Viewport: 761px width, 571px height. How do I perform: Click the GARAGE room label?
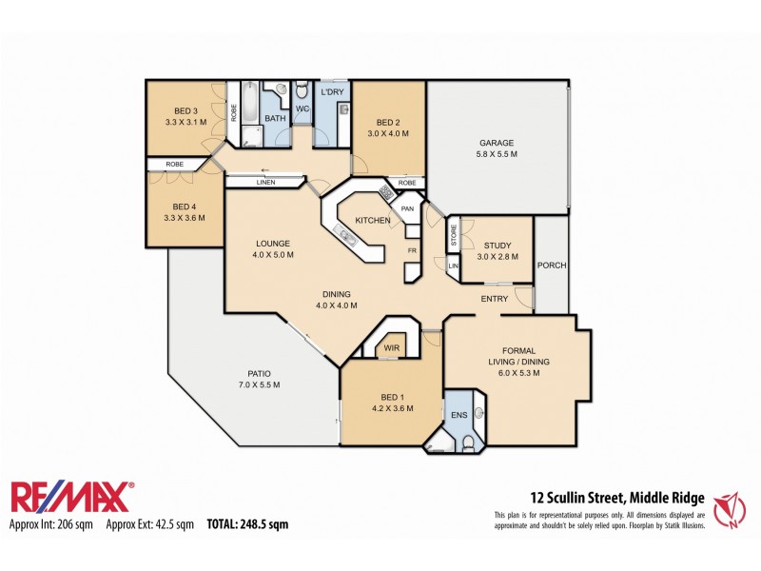[496, 143]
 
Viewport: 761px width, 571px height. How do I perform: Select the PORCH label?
[551, 266]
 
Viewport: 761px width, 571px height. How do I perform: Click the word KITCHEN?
[373, 221]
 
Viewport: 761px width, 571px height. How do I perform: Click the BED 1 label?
[390, 398]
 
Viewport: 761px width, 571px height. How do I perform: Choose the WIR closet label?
[392, 349]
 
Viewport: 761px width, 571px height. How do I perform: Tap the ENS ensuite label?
[459, 415]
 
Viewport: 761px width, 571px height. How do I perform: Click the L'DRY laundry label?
[332, 91]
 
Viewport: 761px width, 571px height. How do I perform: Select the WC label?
[302, 109]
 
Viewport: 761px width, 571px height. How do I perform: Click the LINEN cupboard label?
[265, 182]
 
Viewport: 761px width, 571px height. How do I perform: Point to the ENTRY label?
[494, 299]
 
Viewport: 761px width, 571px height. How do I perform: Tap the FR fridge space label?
[413, 250]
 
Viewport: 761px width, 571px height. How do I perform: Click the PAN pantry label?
[406, 208]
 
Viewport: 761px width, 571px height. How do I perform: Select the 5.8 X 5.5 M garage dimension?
[496, 154]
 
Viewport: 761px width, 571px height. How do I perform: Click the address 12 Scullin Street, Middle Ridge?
[616, 496]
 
